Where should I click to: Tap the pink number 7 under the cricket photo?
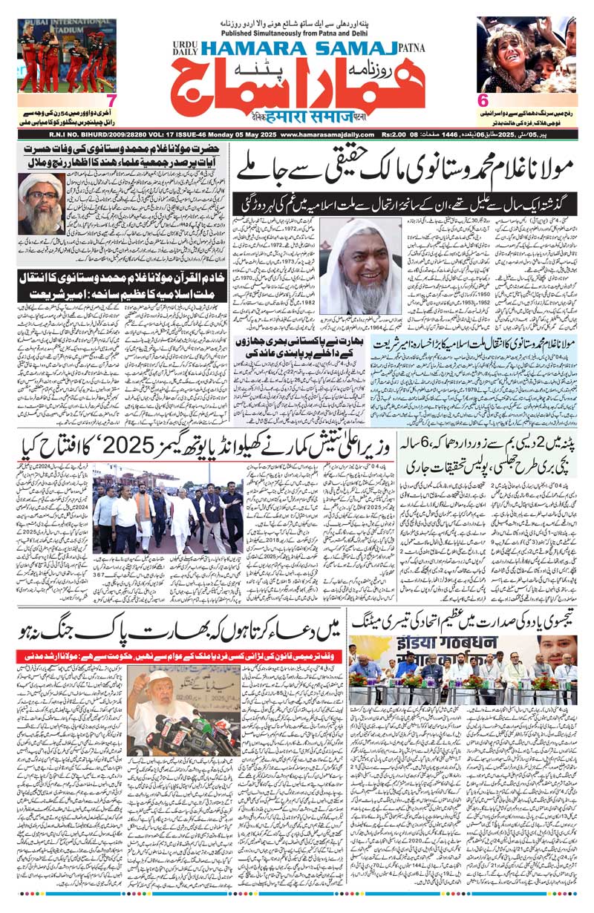[111, 100]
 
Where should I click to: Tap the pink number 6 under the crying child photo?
[483, 100]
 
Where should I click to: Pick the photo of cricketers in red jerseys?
[67, 56]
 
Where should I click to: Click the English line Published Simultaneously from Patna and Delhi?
[297, 34]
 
